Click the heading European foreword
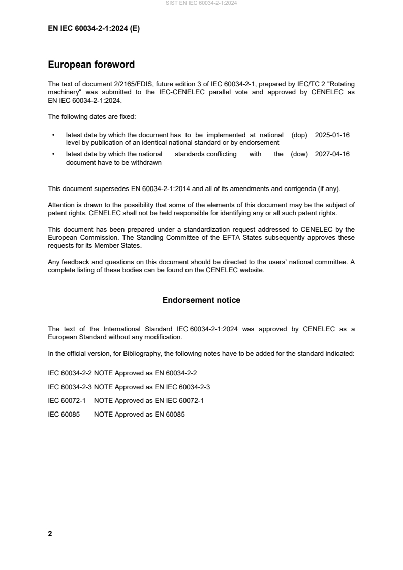(91, 65)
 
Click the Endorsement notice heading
(201, 300)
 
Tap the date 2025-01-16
(332, 135)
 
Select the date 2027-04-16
(332, 154)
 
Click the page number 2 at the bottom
(50, 534)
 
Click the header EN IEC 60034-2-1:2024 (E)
(94, 29)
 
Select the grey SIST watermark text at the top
(201, 3)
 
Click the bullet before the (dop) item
(53, 135)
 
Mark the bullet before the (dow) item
(53, 154)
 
